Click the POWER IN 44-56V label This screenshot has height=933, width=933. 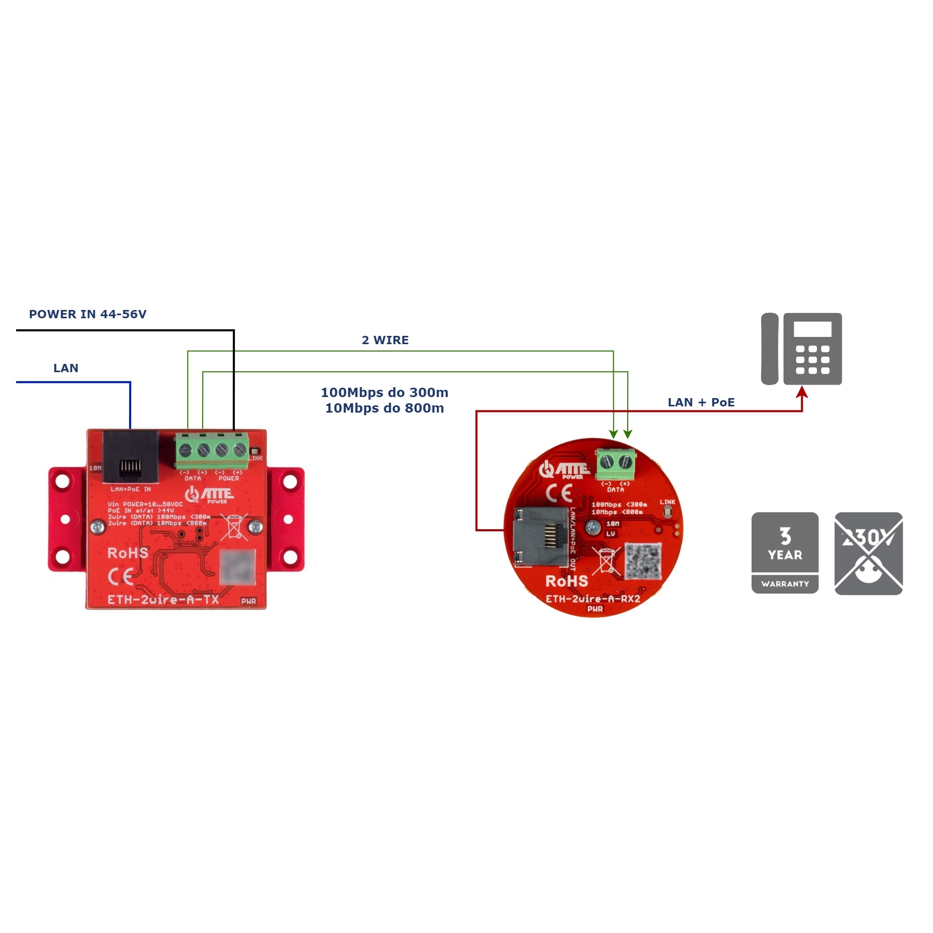(x=88, y=314)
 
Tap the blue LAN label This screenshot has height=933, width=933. (x=66, y=368)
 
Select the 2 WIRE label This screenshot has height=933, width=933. (x=385, y=340)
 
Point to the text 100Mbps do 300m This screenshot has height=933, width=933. (x=385, y=392)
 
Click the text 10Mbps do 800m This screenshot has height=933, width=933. (x=385, y=408)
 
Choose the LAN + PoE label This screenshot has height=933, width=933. (x=701, y=402)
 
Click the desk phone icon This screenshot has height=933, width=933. (x=801, y=348)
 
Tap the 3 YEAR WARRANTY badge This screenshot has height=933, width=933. (x=785, y=553)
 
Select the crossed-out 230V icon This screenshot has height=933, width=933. (x=868, y=553)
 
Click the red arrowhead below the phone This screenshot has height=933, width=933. (x=802, y=392)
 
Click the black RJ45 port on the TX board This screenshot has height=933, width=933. (x=130, y=457)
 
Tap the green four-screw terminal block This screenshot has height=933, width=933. (x=212, y=449)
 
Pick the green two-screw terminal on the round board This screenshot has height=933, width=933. (x=616, y=463)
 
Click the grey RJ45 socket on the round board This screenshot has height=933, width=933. (x=540, y=536)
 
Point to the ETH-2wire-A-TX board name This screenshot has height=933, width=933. (x=163, y=600)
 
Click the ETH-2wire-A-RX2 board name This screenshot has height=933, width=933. (x=593, y=599)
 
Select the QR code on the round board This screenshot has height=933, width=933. (x=643, y=561)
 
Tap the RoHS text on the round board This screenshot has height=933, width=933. (x=567, y=581)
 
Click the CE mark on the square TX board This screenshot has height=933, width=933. (x=121, y=576)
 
